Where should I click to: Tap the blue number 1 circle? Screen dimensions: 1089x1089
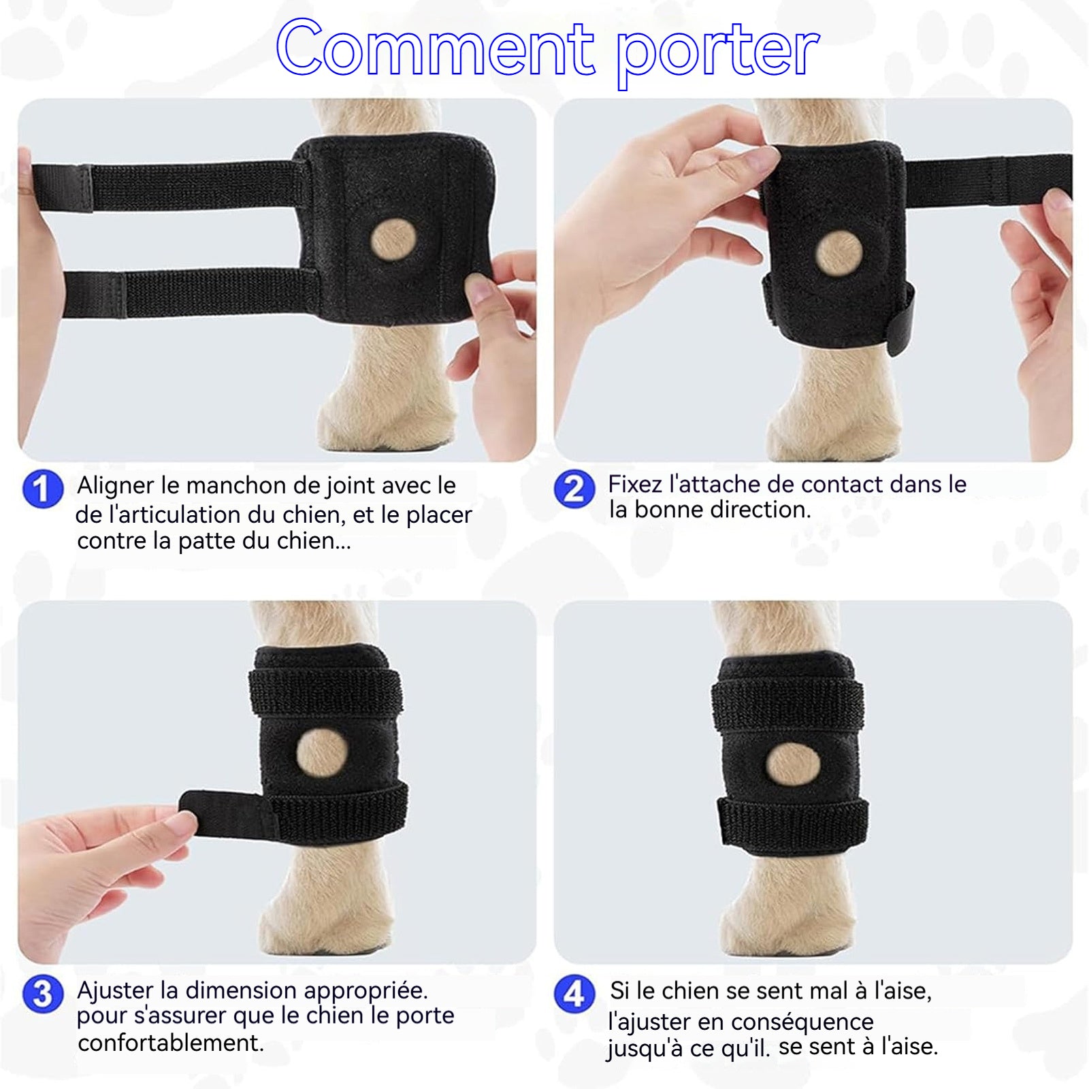click(42, 489)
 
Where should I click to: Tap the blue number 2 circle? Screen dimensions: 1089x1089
click(574, 489)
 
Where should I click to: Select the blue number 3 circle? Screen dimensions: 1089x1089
click(42, 994)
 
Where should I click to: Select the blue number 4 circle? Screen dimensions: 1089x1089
click(574, 994)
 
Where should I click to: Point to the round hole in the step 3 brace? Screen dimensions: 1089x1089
click(323, 754)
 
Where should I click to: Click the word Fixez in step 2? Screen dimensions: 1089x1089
click(635, 484)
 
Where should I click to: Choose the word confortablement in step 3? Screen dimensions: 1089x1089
click(170, 1043)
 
